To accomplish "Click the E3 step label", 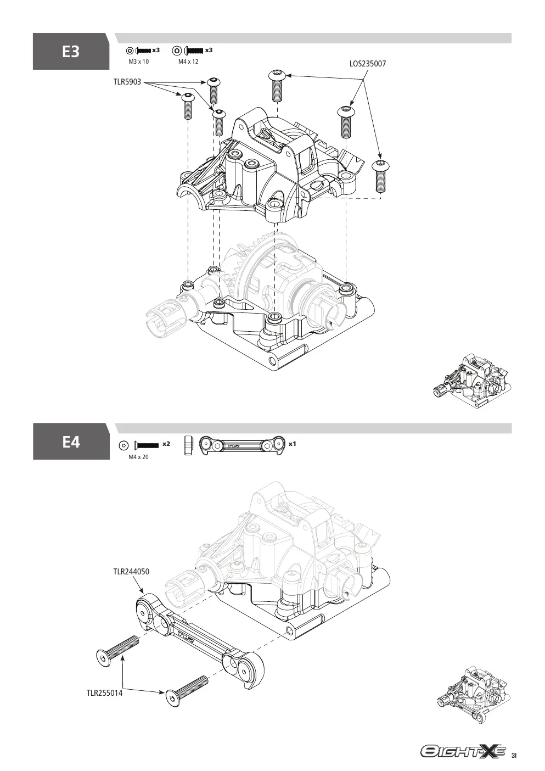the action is point(71,52).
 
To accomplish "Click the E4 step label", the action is point(71,442).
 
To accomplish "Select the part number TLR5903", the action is point(127,82).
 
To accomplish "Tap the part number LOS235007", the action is point(368,64).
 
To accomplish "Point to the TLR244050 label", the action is point(131,572).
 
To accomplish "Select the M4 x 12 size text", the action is point(188,62).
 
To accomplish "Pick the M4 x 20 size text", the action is point(139,457).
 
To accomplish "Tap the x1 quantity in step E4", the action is point(292,444).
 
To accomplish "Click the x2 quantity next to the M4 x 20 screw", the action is point(166,444).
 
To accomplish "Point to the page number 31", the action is point(514,753).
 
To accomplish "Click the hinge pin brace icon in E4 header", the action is point(243,446).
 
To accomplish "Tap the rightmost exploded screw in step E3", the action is point(380,176).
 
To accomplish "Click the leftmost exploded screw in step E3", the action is point(188,105).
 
